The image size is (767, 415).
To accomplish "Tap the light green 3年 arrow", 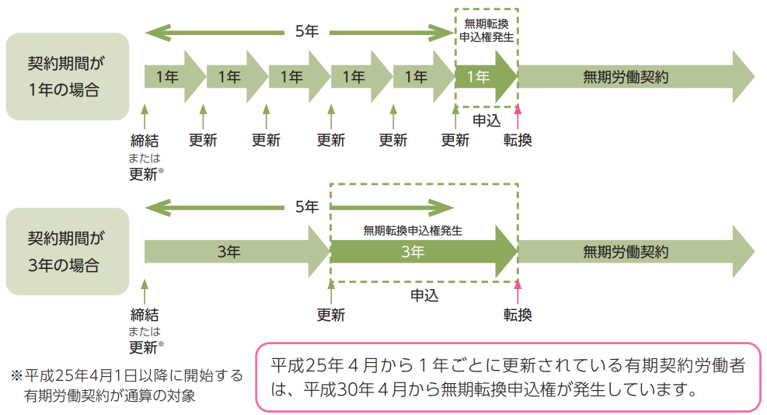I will point(233,251).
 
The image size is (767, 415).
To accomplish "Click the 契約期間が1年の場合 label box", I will point(67,77).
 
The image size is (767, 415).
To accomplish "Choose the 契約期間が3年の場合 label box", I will point(67,251).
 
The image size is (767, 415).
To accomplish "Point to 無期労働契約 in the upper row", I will point(626,77).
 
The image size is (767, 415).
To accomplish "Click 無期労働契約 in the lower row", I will point(626,251).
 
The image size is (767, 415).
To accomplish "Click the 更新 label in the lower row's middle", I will point(331,315).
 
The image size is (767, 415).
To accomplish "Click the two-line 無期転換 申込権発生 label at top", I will point(486,30).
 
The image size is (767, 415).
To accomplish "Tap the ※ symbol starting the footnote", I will point(16,375).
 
